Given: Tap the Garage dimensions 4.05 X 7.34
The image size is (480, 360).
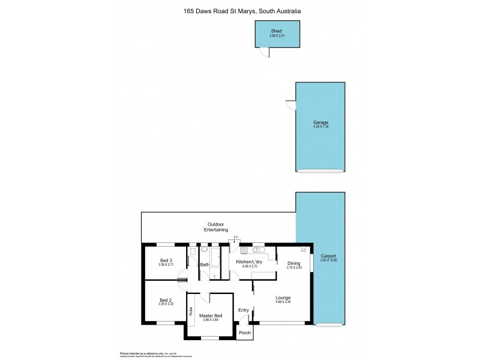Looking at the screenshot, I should tap(320, 127).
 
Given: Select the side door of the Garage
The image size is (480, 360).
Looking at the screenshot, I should tap(291, 105).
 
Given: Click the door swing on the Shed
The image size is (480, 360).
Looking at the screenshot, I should tap(264, 53).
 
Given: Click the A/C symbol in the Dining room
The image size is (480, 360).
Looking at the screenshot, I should tap(303, 250).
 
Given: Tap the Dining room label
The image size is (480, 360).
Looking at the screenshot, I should tap(293, 263).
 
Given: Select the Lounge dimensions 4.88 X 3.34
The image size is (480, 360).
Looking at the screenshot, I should tap(283, 302).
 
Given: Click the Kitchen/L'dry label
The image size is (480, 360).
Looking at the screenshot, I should tap(249, 263).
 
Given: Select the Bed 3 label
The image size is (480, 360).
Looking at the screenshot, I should tap(166, 260).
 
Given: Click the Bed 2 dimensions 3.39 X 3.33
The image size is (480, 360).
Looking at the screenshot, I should tap(166, 304).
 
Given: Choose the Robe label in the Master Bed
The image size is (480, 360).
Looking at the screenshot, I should tap(191, 311).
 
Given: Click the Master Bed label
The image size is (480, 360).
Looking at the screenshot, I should tap(210, 316).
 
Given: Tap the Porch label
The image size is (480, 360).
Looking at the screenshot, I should tap(244, 332).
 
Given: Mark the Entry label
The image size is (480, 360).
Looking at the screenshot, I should tap(243, 310).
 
